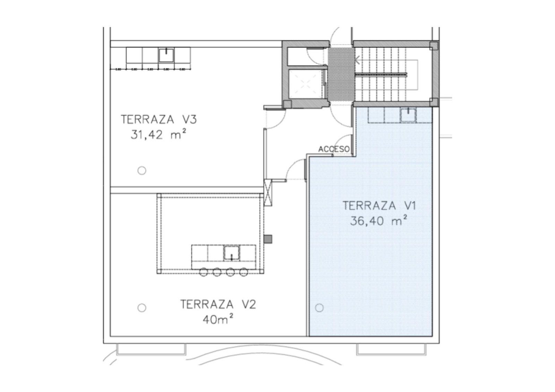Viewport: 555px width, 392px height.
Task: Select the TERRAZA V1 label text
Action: pos(379,206)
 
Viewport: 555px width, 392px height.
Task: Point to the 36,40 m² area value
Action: pos(378,221)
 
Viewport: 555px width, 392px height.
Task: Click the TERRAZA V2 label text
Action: pos(218,305)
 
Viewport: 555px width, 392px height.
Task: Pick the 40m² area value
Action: pos(217,319)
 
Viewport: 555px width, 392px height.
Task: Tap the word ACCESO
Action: pos(334,149)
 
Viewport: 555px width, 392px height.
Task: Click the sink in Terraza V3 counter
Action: pos(166,55)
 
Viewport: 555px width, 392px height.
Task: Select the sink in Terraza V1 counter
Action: pos(408,115)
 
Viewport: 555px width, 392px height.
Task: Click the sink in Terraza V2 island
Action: pos(231,253)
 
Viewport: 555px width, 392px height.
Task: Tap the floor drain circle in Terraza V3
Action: pos(142,171)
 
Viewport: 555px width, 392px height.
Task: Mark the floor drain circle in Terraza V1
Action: pos(319,308)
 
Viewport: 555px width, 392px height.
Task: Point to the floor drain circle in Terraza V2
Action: pos(142,308)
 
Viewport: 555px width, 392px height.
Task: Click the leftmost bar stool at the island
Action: pos(204,272)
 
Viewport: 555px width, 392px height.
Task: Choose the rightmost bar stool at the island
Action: pos(244,272)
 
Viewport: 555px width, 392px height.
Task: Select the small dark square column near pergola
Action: pos(268,239)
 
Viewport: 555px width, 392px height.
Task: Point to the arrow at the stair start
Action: pos(357,60)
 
